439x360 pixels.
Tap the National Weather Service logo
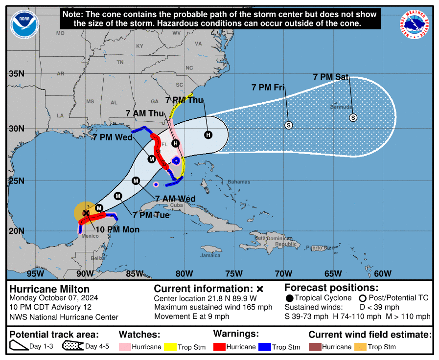416,23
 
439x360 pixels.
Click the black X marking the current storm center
86,213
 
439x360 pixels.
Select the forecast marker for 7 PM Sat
353,117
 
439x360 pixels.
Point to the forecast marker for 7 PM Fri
288,125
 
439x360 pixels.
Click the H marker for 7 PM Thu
208,135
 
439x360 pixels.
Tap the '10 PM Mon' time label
117,229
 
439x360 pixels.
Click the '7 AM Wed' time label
175,199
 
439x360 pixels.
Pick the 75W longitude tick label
234,273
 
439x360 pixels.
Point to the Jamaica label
210,255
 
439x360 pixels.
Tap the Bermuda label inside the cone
341,107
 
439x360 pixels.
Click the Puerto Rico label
320,247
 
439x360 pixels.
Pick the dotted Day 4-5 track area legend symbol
72,346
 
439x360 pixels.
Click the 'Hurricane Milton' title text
49,289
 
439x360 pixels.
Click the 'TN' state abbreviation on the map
120,62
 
